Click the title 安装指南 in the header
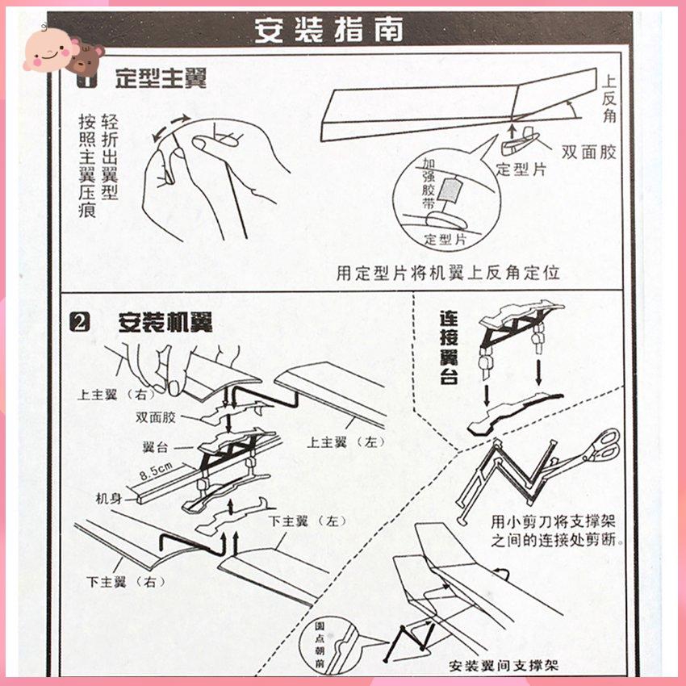[x=328, y=30]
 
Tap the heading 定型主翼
[x=161, y=79]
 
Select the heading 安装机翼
[x=165, y=323]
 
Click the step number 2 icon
[x=80, y=323]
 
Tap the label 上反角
[x=609, y=99]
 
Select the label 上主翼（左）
[x=346, y=442]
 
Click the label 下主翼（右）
[x=127, y=582]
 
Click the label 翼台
[x=155, y=447]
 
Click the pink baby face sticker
[x=49, y=50]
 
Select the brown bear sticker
[x=87, y=58]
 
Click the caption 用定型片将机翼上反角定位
[x=448, y=273]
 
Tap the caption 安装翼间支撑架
[x=504, y=666]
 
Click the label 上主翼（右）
[x=117, y=394]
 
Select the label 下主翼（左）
[x=308, y=521]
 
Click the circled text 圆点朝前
[x=320, y=645]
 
